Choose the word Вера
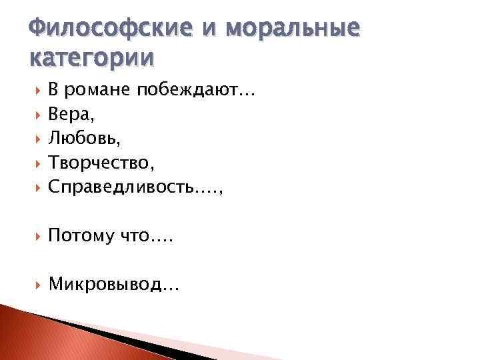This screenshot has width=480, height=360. point(69,115)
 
